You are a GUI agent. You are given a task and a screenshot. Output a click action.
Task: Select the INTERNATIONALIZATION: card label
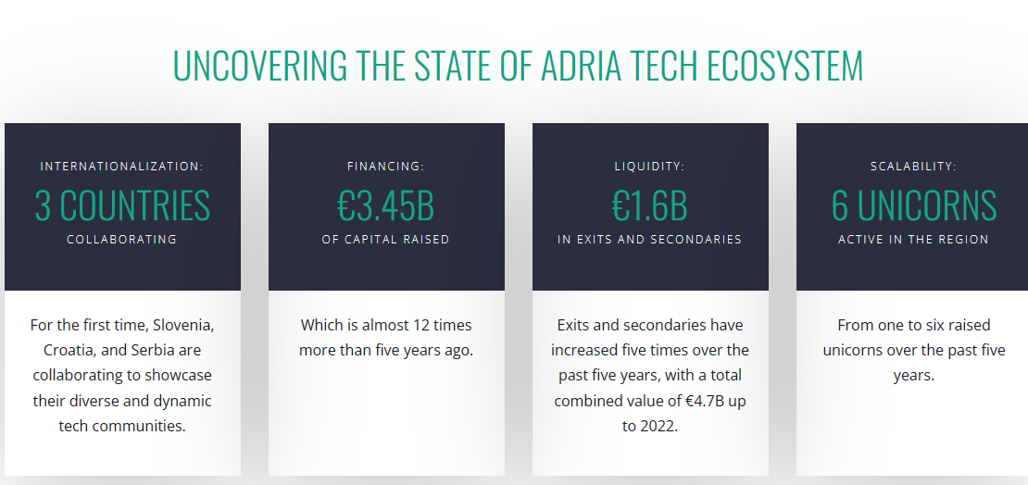point(122,167)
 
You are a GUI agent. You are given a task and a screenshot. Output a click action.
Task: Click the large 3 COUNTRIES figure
point(122,205)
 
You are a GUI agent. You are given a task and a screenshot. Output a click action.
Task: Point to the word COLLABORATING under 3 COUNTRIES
point(122,239)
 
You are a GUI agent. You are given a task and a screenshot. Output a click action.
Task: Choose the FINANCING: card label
point(386,167)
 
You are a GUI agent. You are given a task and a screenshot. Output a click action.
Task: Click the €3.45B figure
point(385,205)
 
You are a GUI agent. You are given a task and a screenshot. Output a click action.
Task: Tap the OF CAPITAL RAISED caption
point(385,239)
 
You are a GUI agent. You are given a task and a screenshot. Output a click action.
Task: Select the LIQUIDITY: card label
point(650,167)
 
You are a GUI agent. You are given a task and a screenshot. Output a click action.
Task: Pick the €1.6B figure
point(650,205)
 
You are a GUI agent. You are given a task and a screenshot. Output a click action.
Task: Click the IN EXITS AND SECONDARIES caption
point(650,239)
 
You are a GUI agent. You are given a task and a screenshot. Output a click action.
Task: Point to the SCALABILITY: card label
point(913,167)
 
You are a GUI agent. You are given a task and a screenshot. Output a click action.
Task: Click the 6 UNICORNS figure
point(914,205)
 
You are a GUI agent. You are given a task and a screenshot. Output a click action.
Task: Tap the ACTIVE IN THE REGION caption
point(913,239)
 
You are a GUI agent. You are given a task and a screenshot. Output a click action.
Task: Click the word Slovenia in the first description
point(185,325)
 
